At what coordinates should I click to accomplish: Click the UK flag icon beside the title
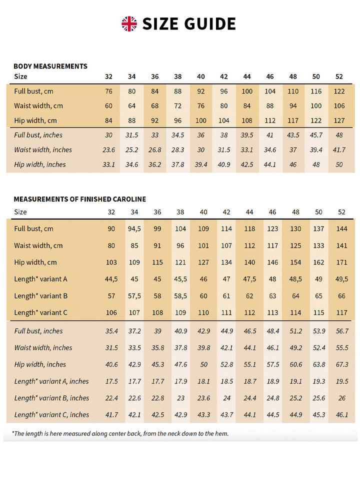129,23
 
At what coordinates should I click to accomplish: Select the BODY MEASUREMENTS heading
50,66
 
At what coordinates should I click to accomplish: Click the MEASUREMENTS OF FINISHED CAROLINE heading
79,199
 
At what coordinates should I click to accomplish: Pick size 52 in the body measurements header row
339,76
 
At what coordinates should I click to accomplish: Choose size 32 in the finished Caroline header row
111,212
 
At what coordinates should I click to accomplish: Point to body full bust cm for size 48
293,91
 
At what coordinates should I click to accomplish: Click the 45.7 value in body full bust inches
316,135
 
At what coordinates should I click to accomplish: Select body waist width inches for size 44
247,149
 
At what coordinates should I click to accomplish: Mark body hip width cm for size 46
270,120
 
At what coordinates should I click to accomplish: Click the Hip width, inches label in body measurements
39,164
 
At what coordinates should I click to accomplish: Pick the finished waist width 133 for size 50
318,245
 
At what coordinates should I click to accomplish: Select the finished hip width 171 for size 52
341,262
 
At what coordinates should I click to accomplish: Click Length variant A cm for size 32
111,279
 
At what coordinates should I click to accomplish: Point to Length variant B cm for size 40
203,296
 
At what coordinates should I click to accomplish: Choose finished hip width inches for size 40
203,364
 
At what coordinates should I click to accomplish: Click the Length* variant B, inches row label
51,398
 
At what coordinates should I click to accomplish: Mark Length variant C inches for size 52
341,414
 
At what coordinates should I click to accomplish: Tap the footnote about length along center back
120,433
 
